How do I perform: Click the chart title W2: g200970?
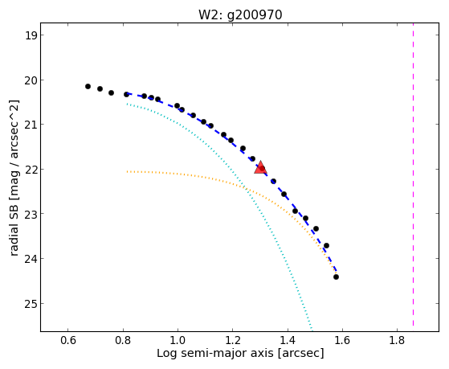click(240, 14)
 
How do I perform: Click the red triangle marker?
click(260, 168)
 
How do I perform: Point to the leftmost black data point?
click(88, 86)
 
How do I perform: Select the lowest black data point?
click(337, 277)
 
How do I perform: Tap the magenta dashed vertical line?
click(413, 174)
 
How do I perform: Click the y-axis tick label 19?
click(31, 35)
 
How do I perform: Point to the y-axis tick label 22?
click(31, 170)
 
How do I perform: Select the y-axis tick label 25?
click(31, 304)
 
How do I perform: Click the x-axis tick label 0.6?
click(67, 340)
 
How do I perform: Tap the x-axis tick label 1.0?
click(178, 340)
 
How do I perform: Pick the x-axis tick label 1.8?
click(397, 340)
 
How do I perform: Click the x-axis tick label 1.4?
click(288, 340)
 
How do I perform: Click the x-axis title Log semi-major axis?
click(215, 353)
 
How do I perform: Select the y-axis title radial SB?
click(14, 229)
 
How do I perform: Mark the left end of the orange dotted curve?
click(128, 171)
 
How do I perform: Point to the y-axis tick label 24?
click(31, 259)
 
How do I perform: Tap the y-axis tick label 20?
click(31, 80)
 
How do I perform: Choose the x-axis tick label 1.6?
click(342, 340)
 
